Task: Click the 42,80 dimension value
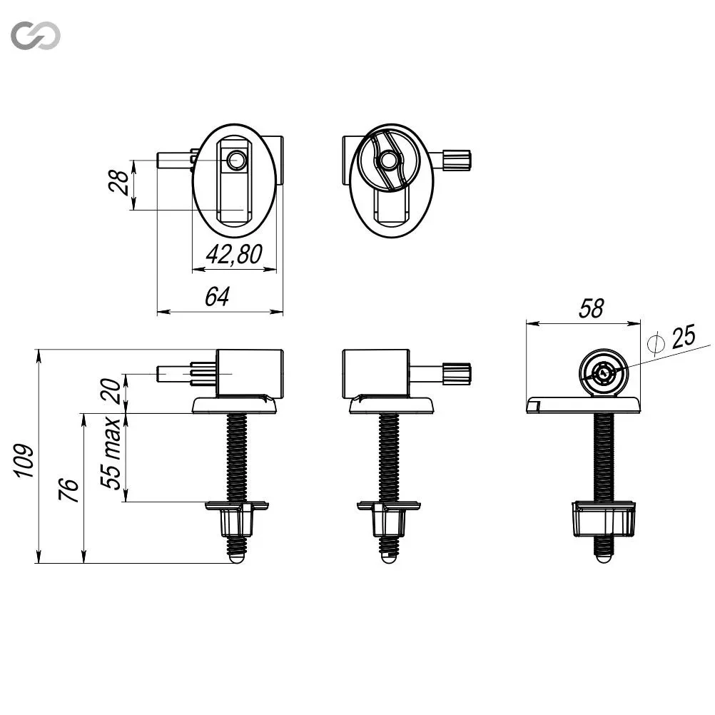pyautogui.click(x=234, y=255)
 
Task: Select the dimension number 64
pyautogui.click(x=217, y=296)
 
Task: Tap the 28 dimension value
pyautogui.click(x=119, y=182)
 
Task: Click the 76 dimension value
pyautogui.click(x=69, y=490)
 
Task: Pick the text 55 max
pyautogui.click(x=111, y=453)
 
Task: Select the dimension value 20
pyautogui.click(x=111, y=391)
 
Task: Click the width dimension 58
pyautogui.click(x=592, y=309)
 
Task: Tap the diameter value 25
pyautogui.click(x=683, y=337)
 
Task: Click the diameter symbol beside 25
pyautogui.click(x=656, y=344)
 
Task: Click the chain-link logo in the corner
pyautogui.click(x=36, y=35)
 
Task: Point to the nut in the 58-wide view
pyautogui.click(x=604, y=519)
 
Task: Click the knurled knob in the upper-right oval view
pyautogui.click(x=457, y=160)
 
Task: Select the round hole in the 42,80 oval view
pyautogui.click(x=235, y=160)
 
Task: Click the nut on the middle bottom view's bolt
pyautogui.click(x=389, y=519)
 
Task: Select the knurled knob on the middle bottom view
pyautogui.click(x=457, y=373)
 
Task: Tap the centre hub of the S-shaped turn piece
pyautogui.click(x=388, y=160)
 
